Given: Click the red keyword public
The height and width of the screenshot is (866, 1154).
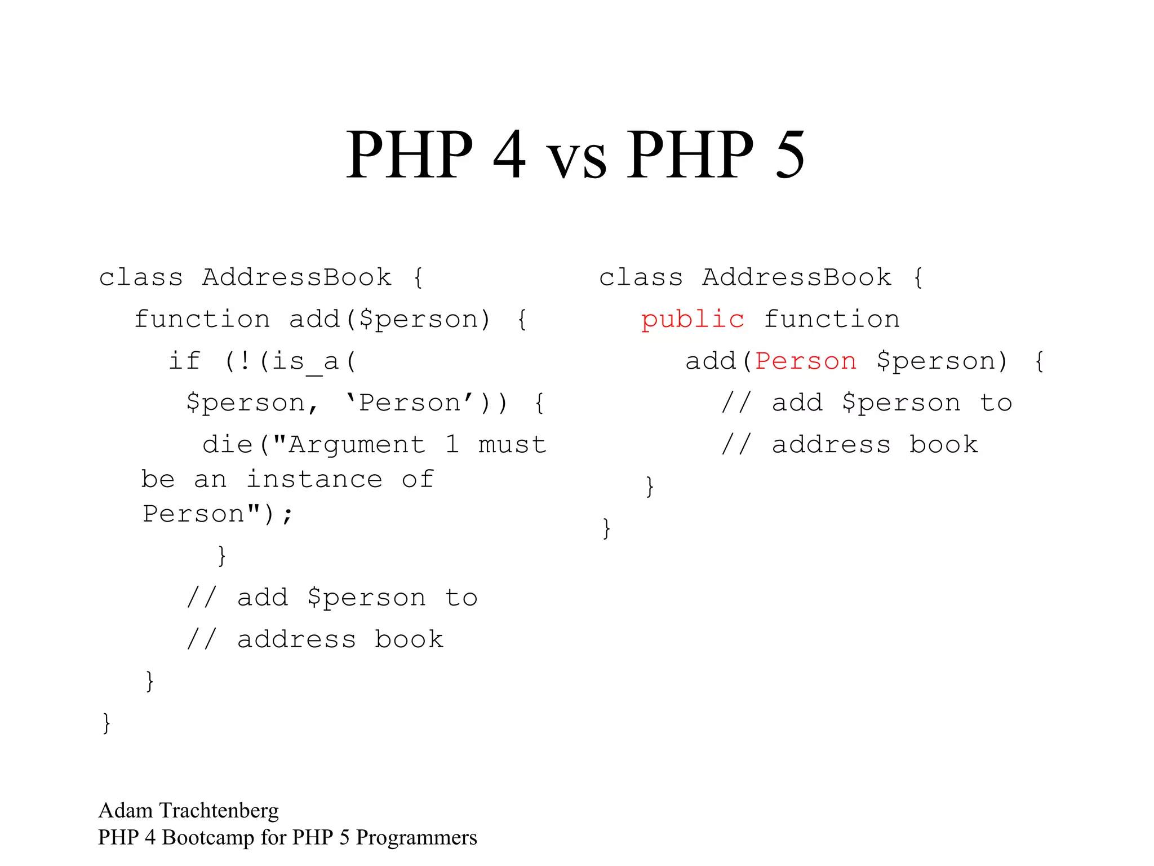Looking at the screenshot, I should click(x=693, y=320).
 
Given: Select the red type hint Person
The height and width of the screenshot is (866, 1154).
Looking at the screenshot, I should click(x=806, y=361).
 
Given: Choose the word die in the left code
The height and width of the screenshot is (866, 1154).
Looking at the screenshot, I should click(x=227, y=445).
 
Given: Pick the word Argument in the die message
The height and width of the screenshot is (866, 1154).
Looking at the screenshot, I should click(x=357, y=445).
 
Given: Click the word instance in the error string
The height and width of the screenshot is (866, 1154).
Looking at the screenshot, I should click(x=314, y=480).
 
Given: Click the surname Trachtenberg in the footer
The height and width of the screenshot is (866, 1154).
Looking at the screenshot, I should click(x=219, y=811).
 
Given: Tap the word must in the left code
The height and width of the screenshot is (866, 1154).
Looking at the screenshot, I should click(x=512, y=445).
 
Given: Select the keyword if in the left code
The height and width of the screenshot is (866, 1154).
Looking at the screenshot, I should click(x=184, y=361).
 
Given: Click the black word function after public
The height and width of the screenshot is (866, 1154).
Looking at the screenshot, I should click(x=832, y=320).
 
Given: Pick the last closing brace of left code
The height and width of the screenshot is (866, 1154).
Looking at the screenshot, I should click(x=106, y=723).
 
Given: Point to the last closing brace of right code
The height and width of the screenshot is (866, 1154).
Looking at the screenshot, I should click(x=606, y=528).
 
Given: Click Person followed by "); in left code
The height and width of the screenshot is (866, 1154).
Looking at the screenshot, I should click(x=193, y=514).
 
